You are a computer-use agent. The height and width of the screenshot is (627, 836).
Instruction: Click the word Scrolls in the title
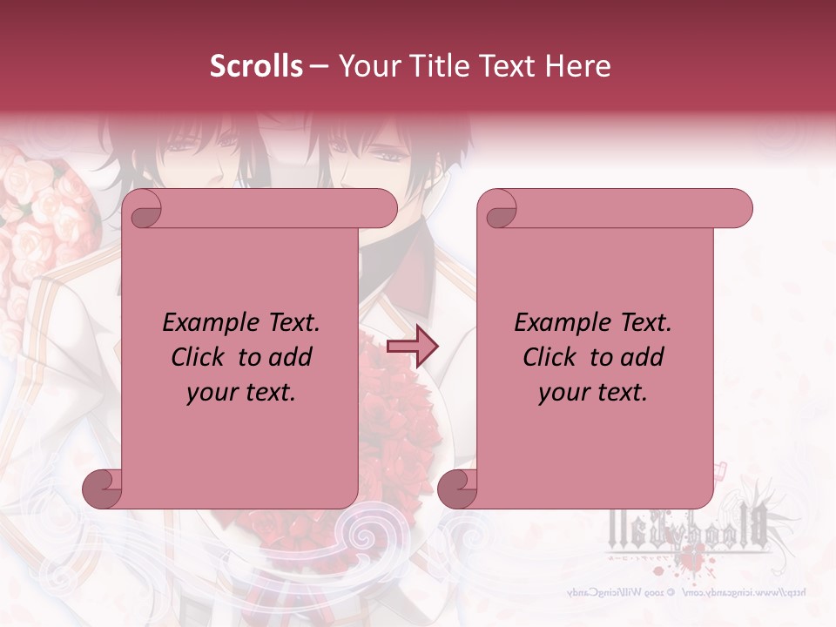coord(256,66)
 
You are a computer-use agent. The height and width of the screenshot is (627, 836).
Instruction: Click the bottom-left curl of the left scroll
coord(102,489)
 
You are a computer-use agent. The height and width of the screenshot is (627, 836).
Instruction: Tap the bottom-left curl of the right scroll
coord(457,489)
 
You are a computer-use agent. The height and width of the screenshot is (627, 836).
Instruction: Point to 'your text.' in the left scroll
coord(241,393)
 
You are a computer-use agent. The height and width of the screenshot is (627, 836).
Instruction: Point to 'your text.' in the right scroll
coord(593,393)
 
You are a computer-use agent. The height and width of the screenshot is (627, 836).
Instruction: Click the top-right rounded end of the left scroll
coord(383,209)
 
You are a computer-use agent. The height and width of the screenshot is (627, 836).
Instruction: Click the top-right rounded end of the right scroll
coord(738,209)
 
